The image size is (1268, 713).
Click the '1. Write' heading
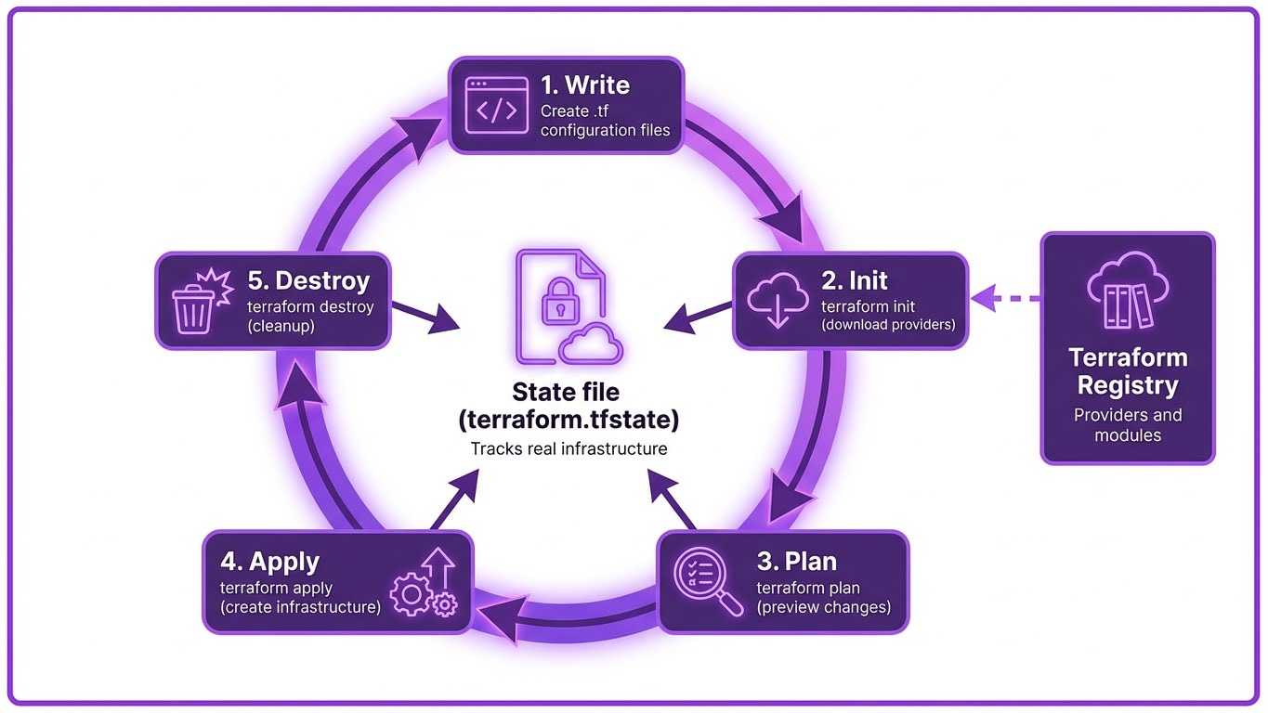click(584, 85)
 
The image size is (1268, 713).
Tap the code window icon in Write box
click(496, 104)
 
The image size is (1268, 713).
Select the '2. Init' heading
click(856, 280)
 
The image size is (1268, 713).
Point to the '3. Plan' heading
click(796, 562)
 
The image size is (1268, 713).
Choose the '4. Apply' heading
click(269, 562)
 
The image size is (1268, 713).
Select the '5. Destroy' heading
click(308, 280)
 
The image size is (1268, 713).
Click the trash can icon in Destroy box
click(194, 303)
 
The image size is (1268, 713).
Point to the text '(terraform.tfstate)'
click(569, 420)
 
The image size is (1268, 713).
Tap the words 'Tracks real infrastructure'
click(569, 449)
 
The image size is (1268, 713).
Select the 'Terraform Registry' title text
click(1127, 371)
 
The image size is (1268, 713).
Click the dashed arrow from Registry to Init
click(1007, 299)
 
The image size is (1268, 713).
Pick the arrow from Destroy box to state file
click(425, 316)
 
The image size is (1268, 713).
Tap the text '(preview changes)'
click(823, 607)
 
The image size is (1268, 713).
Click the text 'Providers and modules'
click(1127, 424)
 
